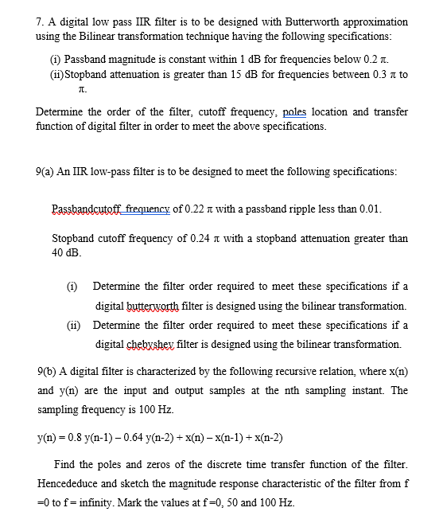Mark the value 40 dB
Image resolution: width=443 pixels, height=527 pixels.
pos(64,252)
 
